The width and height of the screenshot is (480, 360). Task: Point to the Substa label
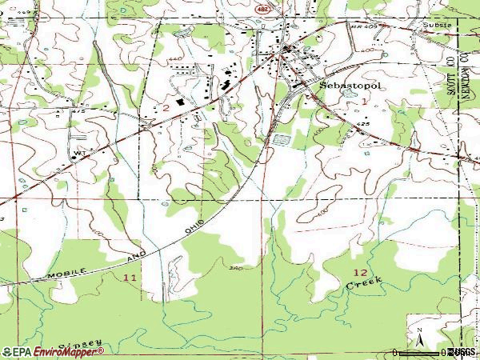click(x=437, y=24)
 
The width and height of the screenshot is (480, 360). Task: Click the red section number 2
click(x=166, y=107)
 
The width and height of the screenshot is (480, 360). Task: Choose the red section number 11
click(x=130, y=276)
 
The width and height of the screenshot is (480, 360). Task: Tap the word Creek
click(x=365, y=283)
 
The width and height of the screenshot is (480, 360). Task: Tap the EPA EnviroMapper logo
click(x=52, y=352)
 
